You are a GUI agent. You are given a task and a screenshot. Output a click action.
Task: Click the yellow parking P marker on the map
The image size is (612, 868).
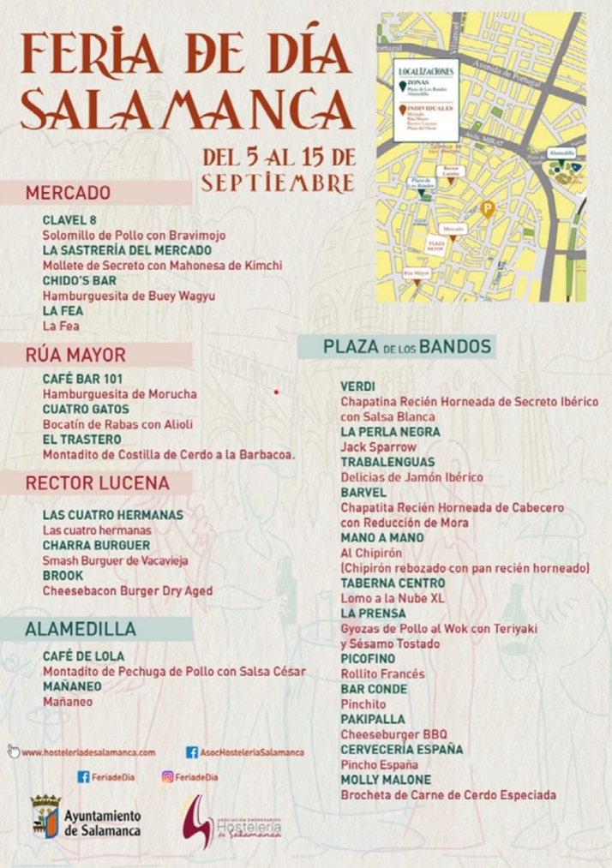[x=488, y=208]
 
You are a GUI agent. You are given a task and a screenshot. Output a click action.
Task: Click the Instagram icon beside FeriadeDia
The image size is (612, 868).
[x=167, y=777]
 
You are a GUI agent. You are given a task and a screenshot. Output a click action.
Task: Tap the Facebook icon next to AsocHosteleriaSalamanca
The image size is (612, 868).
[x=192, y=752]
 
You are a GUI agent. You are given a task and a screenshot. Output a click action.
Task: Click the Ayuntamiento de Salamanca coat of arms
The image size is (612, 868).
[x=45, y=816]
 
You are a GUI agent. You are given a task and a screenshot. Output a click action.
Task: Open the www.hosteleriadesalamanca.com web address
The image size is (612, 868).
[x=88, y=752]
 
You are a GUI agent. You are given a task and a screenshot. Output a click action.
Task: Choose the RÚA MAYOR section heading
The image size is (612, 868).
[x=75, y=355]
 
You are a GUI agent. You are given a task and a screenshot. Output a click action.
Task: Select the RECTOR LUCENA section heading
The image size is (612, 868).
[x=97, y=483]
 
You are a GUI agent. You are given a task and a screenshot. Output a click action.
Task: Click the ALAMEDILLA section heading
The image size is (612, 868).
[x=81, y=629]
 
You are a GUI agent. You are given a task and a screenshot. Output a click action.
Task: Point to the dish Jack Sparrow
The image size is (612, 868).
[x=378, y=447]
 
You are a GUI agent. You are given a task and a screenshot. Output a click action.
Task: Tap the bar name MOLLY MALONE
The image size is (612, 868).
[x=385, y=780]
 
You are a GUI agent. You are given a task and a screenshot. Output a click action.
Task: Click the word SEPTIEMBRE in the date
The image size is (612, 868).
[x=277, y=183]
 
